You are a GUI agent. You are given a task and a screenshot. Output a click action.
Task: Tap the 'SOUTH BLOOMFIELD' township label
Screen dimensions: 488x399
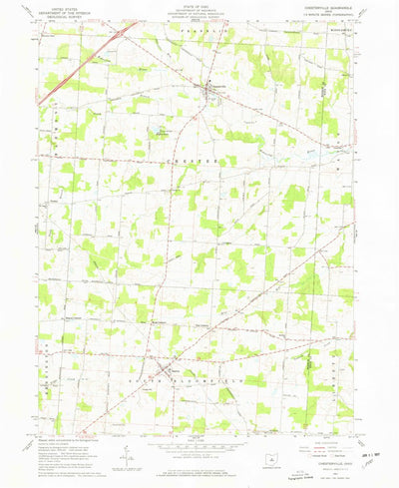pos(199,381)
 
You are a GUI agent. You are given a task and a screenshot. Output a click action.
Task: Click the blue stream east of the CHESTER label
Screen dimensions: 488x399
pos(299,158)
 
